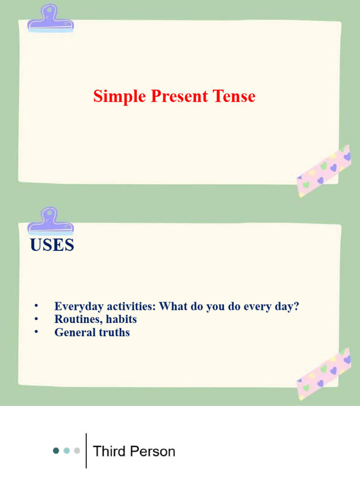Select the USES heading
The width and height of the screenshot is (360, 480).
[x=52, y=245]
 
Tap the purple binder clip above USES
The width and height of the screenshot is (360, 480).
[x=51, y=222]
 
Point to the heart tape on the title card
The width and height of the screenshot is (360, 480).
[x=324, y=171]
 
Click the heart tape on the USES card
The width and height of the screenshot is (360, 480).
[x=324, y=374]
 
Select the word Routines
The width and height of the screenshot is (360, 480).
[x=75, y=320]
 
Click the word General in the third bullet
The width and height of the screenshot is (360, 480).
[x=73, y=333]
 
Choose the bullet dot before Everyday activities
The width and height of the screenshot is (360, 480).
[x=36, y=306]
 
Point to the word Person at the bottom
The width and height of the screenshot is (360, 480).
[x=153, y=451]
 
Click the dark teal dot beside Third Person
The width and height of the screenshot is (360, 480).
[x=56, y=451]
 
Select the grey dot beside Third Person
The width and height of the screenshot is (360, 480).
[x=77, y=451]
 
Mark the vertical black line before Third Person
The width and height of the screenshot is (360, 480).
[x=87, y=450]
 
